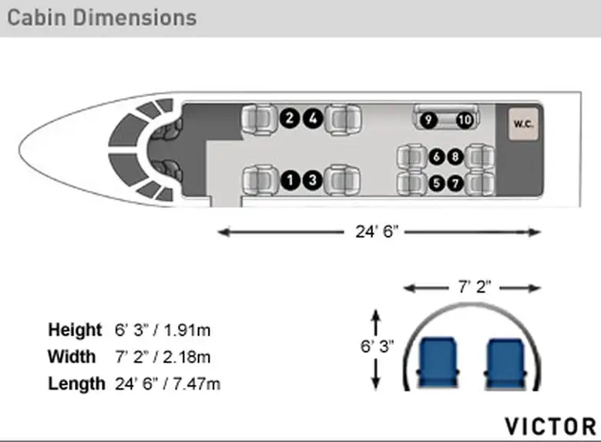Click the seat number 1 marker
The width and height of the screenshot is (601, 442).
pos(290,180)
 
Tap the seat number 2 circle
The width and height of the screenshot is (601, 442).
pos(290,119)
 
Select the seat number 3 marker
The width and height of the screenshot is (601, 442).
pos(313,180)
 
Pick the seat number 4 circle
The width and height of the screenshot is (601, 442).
pos(313,119)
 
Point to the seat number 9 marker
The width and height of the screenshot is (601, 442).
pos(428,120)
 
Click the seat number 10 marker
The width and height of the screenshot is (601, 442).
pos(465,120)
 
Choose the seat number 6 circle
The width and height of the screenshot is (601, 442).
pos(436,156)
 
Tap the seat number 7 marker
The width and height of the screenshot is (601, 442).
pos(455,184)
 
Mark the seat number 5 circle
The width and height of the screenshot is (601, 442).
pos(436,184)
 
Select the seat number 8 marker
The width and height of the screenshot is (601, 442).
pos(455,156)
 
